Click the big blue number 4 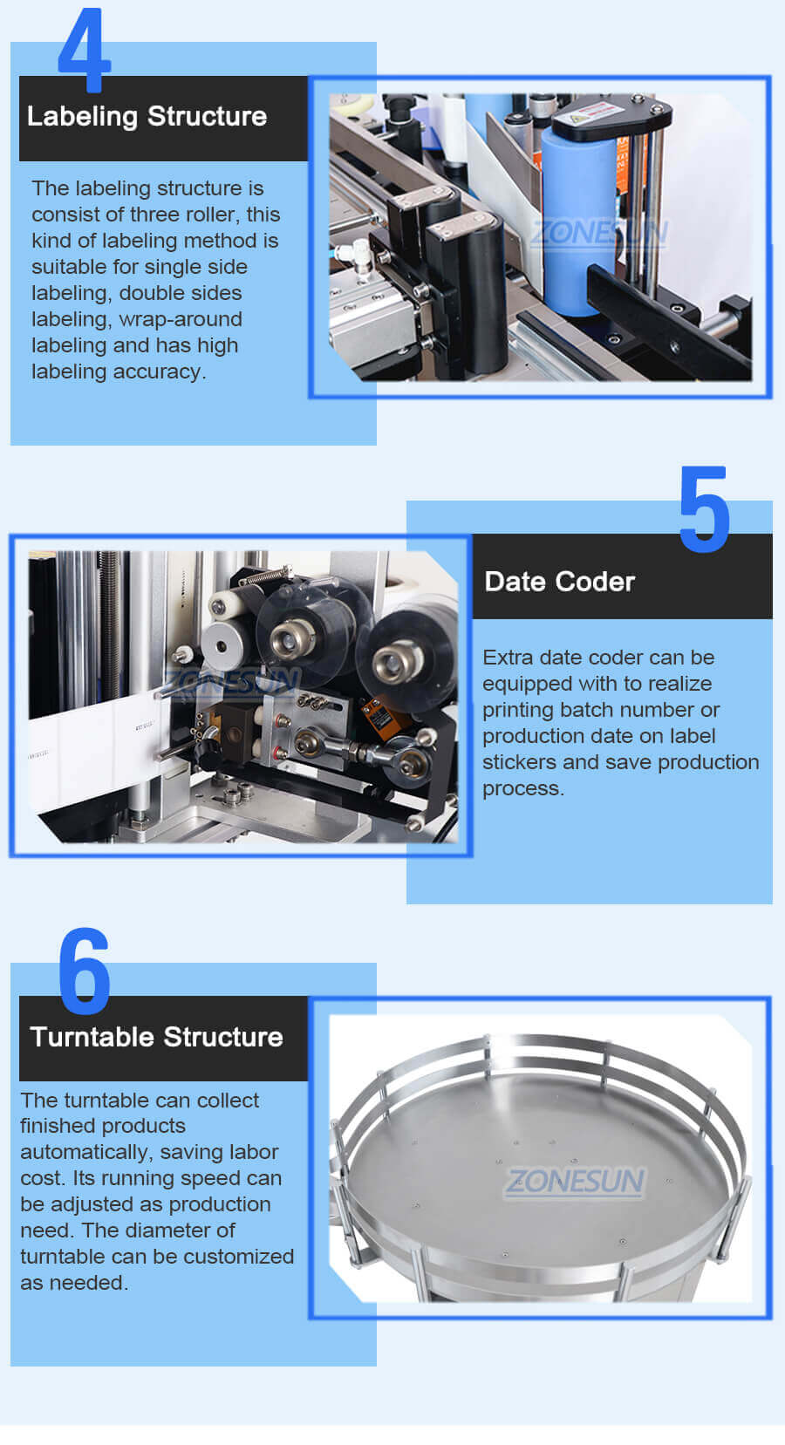coord(85,51)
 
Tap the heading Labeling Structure coord(147,117)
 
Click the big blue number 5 coord(705,509)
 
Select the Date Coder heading coord(560,582)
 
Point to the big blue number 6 coord(85,971)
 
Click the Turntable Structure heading coord(157,1037)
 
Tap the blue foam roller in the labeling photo coord(578,220)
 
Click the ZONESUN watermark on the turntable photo coord(575,1181)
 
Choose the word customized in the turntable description coord(238,1257)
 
